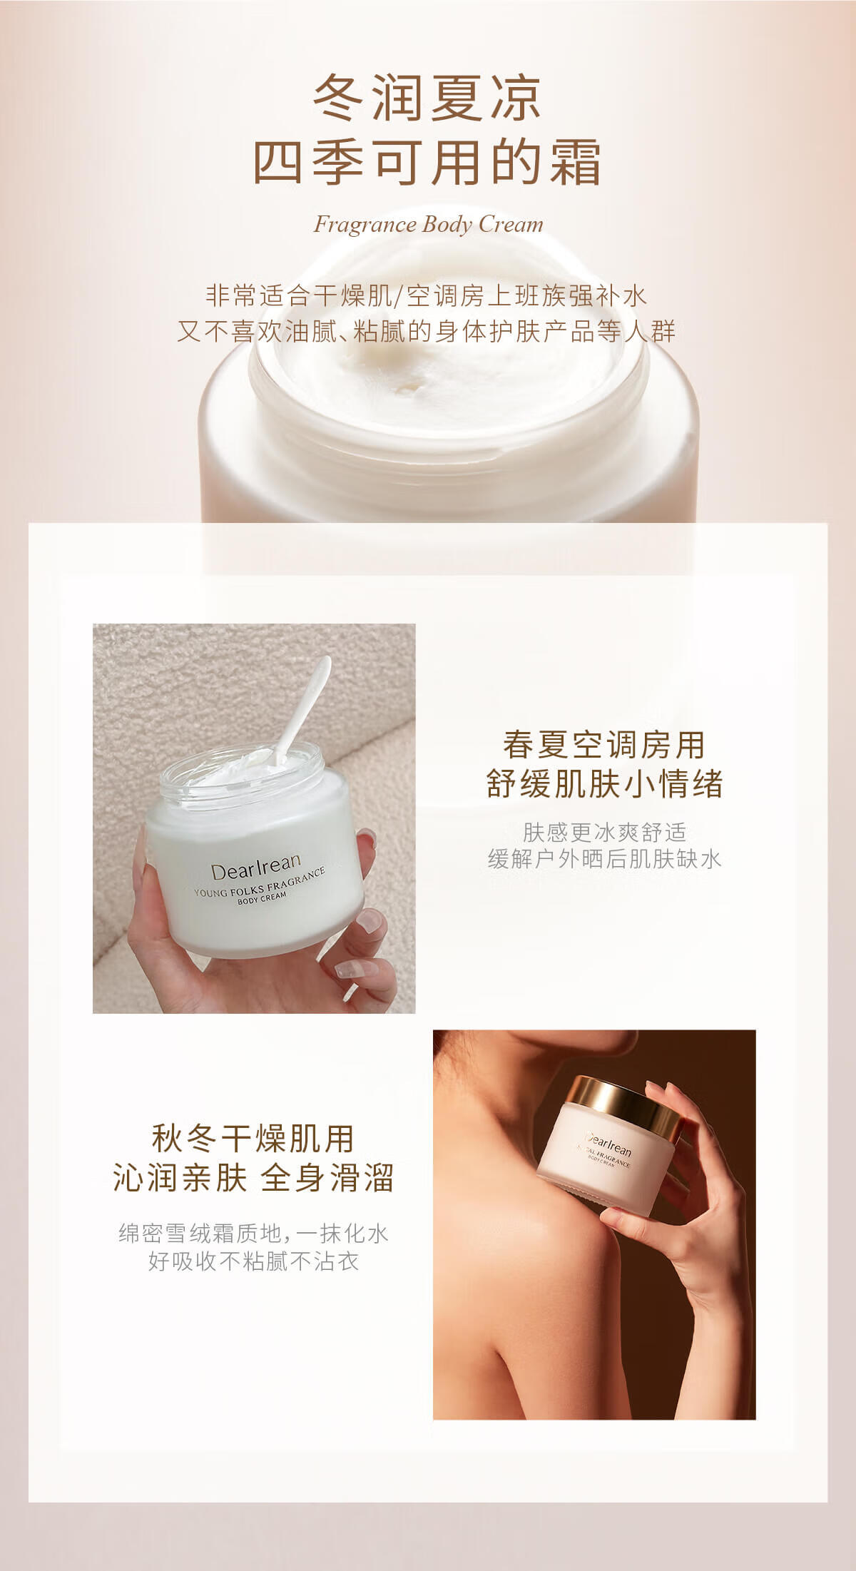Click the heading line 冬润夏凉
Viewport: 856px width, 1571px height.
(x=427, y=98)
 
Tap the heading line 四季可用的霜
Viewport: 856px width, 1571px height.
(x=427, y=163)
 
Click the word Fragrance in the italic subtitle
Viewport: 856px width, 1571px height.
(x=365, y=225)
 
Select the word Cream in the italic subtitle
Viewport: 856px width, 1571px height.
(x=511, y=225)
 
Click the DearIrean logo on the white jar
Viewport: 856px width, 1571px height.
(x=255, y=866)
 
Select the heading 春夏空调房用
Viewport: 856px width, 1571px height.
(x=603, y=746)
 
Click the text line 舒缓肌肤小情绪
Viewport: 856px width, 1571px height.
(x=604, y=784)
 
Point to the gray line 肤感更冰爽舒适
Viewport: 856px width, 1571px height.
(x=604, y=832)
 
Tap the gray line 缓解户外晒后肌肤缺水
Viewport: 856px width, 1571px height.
(x=604, y=858)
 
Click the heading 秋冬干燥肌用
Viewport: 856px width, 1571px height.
(x=253, y=1139)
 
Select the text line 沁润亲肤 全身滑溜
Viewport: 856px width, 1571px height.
(x=253, y=1178)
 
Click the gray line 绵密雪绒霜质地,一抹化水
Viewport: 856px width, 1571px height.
(x=253, y=1234)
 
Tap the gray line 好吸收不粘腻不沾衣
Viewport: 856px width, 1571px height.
(x=253, y=1261)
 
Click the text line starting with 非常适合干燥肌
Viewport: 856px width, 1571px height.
(x=427, y=296)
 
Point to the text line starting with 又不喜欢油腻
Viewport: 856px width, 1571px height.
(x=427, y=332)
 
